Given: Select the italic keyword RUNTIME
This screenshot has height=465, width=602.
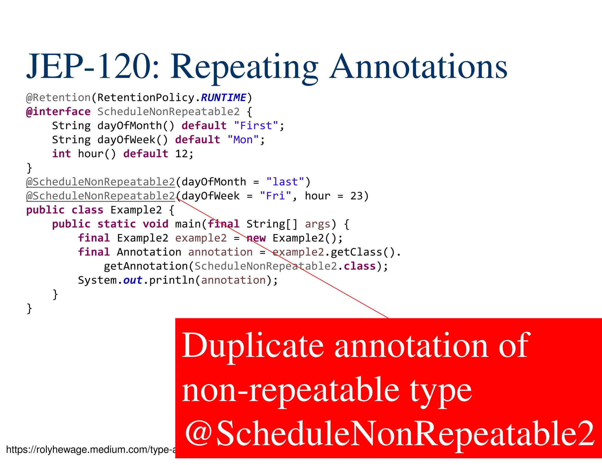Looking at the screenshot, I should (223, 98).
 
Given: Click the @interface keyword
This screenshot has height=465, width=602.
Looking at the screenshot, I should (58, 112).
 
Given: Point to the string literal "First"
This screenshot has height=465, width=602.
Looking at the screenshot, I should (256, 126).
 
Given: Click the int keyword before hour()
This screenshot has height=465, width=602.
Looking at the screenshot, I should (61, 154).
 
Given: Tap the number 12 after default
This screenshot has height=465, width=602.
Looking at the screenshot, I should (181, 154).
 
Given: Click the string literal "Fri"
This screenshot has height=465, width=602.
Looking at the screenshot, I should (275, 196).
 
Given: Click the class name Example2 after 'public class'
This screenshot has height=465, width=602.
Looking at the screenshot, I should (136, 210).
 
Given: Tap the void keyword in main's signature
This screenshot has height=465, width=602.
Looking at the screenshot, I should (155, 224).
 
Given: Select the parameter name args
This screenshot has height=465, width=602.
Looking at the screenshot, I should (317, 224).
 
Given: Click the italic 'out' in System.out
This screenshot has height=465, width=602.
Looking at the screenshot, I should (133, 280).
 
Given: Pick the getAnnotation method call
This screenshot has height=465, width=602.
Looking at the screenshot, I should (146, 266).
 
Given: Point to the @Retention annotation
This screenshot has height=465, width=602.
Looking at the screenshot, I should (58, 98).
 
